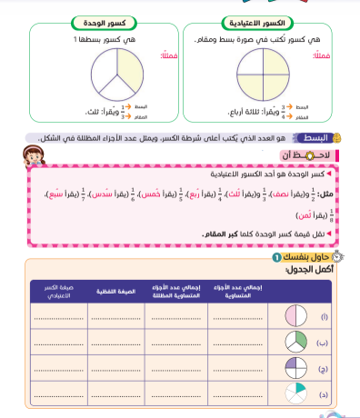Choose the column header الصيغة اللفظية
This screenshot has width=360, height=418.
pyautogui.click(x=116, y=292)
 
